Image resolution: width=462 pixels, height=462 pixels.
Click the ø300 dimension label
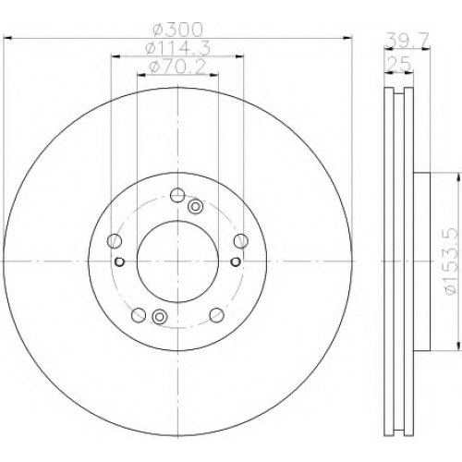coord(178,30)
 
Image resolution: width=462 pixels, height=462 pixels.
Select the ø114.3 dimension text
coord(178,48)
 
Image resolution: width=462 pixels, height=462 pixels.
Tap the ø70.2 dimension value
coord(176,67)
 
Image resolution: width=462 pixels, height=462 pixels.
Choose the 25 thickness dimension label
coord(399,64)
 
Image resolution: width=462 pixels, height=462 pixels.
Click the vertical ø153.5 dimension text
coord(452,261)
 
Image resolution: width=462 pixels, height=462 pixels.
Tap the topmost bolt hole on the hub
coord(177,195)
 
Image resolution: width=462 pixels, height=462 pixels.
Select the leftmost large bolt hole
coord(115,241)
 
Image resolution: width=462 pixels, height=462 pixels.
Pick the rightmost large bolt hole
coord(241,241)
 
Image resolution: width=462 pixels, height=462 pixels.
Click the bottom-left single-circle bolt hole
coord(139,315)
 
